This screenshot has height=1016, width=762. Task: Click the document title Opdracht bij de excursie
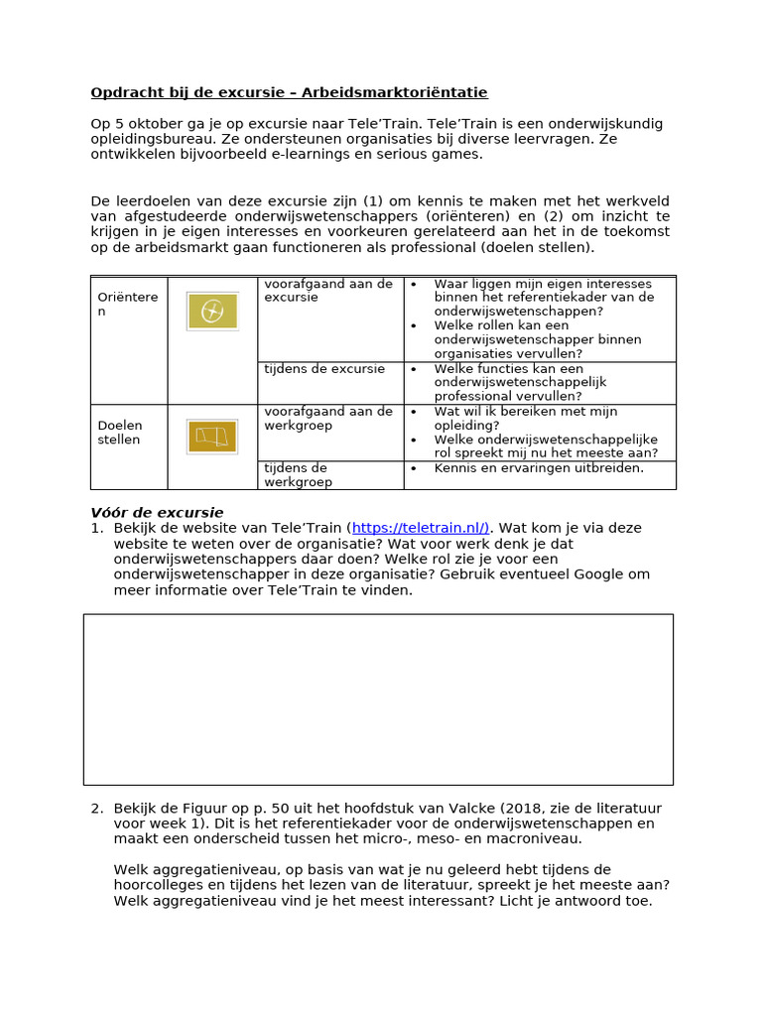pos(289,92)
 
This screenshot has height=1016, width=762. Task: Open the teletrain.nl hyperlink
pos(420,528)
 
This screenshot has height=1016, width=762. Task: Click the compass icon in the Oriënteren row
pos(212,311)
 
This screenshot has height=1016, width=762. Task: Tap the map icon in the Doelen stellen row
pos(212,437)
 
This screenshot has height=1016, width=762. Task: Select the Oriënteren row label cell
pos(127,304)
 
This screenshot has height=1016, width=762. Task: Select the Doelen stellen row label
pos(119,433)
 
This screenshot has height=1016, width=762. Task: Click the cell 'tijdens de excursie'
pos(324,369)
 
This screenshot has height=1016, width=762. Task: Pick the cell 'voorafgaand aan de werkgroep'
pos(328,418)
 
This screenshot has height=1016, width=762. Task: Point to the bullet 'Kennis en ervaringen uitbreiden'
pos(539,467)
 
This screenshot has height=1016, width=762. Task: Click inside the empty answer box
pos(378,698)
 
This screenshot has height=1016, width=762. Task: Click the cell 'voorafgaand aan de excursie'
pos(328,290)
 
